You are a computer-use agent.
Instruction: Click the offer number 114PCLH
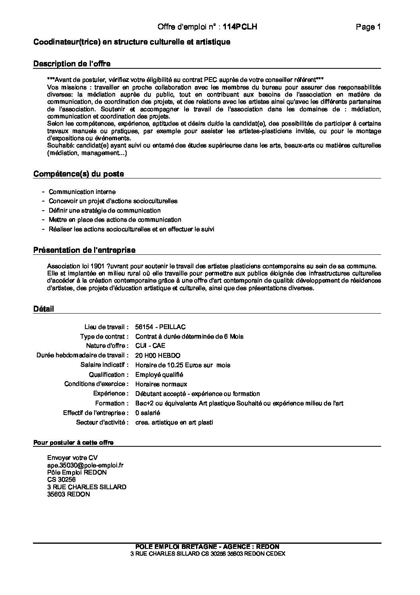(x=240, y=27)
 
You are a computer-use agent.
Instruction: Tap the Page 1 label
(x=368, y=27)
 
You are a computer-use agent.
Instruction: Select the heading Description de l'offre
(x=72, y=64)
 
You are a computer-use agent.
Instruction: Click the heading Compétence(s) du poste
(x=79, y=174)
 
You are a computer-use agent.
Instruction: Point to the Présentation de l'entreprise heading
(x=84, y=250)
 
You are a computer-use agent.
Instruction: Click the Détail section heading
(x=44, y=309)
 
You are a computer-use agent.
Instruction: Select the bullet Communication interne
(x=82, y=192)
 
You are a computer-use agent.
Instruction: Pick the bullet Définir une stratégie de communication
(x=104, y=211)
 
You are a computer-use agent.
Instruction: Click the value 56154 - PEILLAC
(x=160, y=327)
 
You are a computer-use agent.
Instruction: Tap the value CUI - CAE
(x=150, y=346)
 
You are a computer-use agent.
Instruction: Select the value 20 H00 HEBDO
(x=158, y=356)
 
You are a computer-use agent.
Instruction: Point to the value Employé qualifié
(x=159, y=375)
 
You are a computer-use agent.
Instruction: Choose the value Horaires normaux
(x=161, y=384)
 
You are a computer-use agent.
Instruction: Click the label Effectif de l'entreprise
(x=96, y=413)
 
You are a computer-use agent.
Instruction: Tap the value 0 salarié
(x=148, y=413)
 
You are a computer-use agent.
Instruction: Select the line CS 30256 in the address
(x=61, y=479)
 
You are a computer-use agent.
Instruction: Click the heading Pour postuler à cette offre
(x=73, y=443)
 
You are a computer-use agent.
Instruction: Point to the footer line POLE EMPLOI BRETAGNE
(x=207, y=547)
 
